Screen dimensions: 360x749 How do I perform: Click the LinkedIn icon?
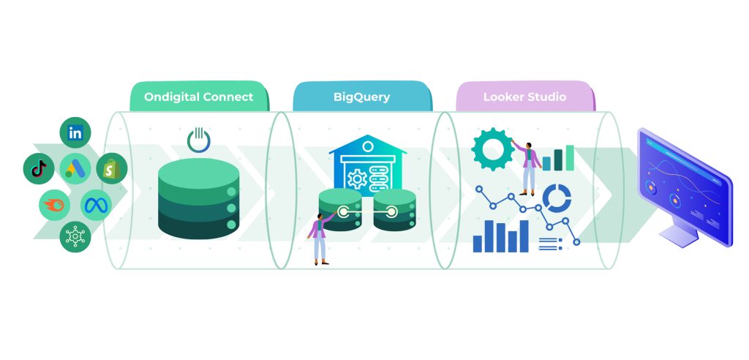(x=75, y=132)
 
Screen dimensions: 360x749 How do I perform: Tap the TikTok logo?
(x=38, y=169)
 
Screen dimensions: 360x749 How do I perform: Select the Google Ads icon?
(x=75, y=169)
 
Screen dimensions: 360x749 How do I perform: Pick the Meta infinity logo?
(x=95, y=206)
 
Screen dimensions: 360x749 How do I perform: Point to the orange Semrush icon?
(x=54, y=206)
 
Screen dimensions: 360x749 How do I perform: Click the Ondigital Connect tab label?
(x=198, y=97)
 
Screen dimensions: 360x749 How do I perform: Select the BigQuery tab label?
(x=361, y=97)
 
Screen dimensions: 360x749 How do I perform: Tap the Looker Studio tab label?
(x=524, y=97)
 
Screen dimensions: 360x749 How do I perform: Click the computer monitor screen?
(x=684, y=187)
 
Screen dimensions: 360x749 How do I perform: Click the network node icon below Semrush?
(x=75, y=236)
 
